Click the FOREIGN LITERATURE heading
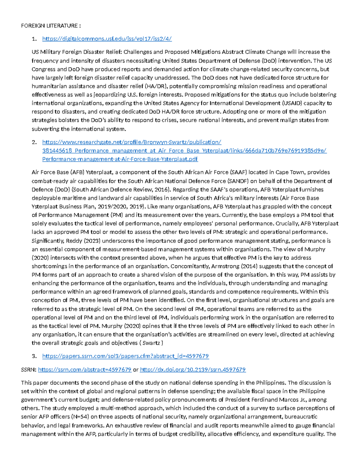coord(51,26)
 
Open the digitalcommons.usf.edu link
coord(107,39)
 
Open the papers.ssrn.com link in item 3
coord(125,356)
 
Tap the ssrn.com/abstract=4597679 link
coord(85,370)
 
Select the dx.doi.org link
coord(193,370)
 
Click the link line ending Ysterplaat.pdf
coord(120,159)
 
